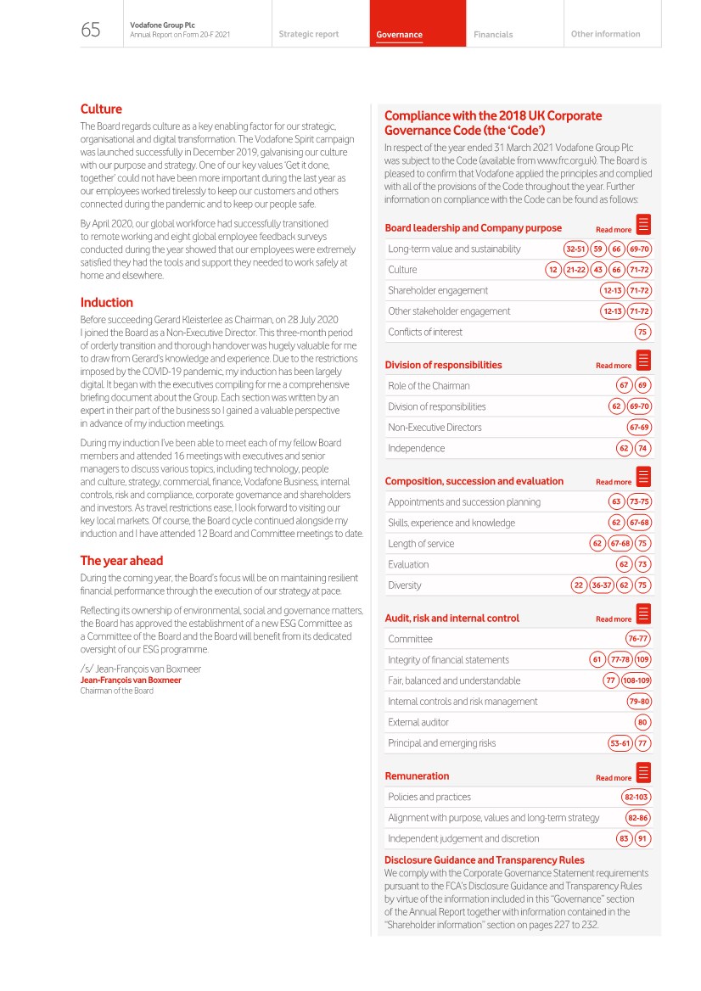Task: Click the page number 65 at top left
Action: point(91,31)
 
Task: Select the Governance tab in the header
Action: point(400,35)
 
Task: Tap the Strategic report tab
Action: point(308,34)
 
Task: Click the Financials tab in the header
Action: point(493,35)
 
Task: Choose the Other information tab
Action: point(605,34)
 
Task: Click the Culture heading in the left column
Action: point(101,109)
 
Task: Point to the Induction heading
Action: point(107,302)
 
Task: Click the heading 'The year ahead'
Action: point(121,560)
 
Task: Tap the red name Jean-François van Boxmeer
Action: point(130,680)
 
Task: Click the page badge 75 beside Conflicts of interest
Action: point(642,332)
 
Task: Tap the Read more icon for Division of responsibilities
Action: point(643,361)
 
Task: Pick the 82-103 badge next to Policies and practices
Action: point(637,797)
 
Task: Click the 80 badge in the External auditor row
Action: point(642,722)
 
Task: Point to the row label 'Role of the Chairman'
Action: point(429,386)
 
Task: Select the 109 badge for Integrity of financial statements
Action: point(642,659)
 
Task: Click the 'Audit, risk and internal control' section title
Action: point(451,618)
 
